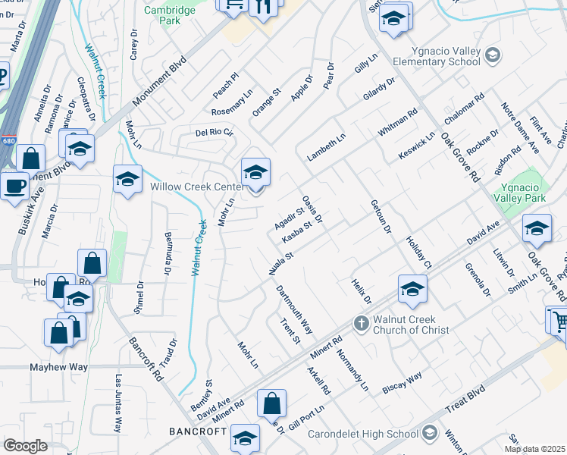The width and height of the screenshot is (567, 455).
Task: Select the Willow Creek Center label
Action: coord(196,187)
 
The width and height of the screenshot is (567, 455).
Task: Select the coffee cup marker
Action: coord(13,185)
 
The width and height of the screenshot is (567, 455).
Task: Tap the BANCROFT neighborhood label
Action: coord(199,431)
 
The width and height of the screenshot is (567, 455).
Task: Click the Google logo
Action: coord(25,445)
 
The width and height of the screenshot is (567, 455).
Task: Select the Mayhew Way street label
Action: coord(58,367)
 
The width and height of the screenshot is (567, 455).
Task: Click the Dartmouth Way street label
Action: coord(294,309)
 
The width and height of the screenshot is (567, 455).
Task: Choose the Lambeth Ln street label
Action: coord(326,146)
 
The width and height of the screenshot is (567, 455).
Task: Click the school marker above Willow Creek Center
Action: coord(255,171)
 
